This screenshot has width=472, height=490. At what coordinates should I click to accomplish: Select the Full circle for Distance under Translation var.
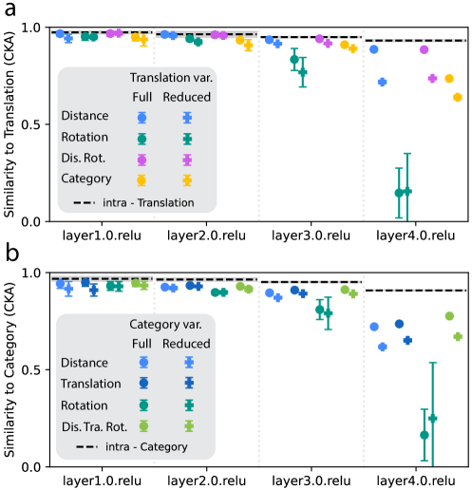(142, 118)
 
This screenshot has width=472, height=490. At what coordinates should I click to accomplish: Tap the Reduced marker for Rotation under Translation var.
(187, 139)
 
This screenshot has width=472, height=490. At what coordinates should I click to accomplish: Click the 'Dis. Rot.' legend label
(82, 159)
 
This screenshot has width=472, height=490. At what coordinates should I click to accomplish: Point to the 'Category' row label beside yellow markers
(85, 179)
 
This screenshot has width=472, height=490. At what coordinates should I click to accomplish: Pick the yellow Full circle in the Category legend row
(142, 179)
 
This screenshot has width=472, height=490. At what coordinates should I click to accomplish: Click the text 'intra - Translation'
(148, 202)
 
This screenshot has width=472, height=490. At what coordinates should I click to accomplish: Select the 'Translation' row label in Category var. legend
(90, 384)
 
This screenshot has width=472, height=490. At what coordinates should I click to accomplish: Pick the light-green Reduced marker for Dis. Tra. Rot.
(189, 426)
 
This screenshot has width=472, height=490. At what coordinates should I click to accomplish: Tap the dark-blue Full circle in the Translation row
(143, 384)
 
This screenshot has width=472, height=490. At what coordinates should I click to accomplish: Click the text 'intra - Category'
(144, 446)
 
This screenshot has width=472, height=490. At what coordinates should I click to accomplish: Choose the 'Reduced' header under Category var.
(187, 343)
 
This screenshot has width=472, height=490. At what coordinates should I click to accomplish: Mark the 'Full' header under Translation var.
(142, 97)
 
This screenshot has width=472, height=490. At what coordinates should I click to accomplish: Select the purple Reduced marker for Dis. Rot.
(187, 160)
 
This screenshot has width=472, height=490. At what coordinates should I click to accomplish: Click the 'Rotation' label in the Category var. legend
(85, 405)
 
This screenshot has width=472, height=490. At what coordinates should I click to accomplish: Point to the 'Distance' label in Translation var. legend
(85, 117)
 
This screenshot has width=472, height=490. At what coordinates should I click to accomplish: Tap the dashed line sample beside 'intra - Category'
(85, 446)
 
